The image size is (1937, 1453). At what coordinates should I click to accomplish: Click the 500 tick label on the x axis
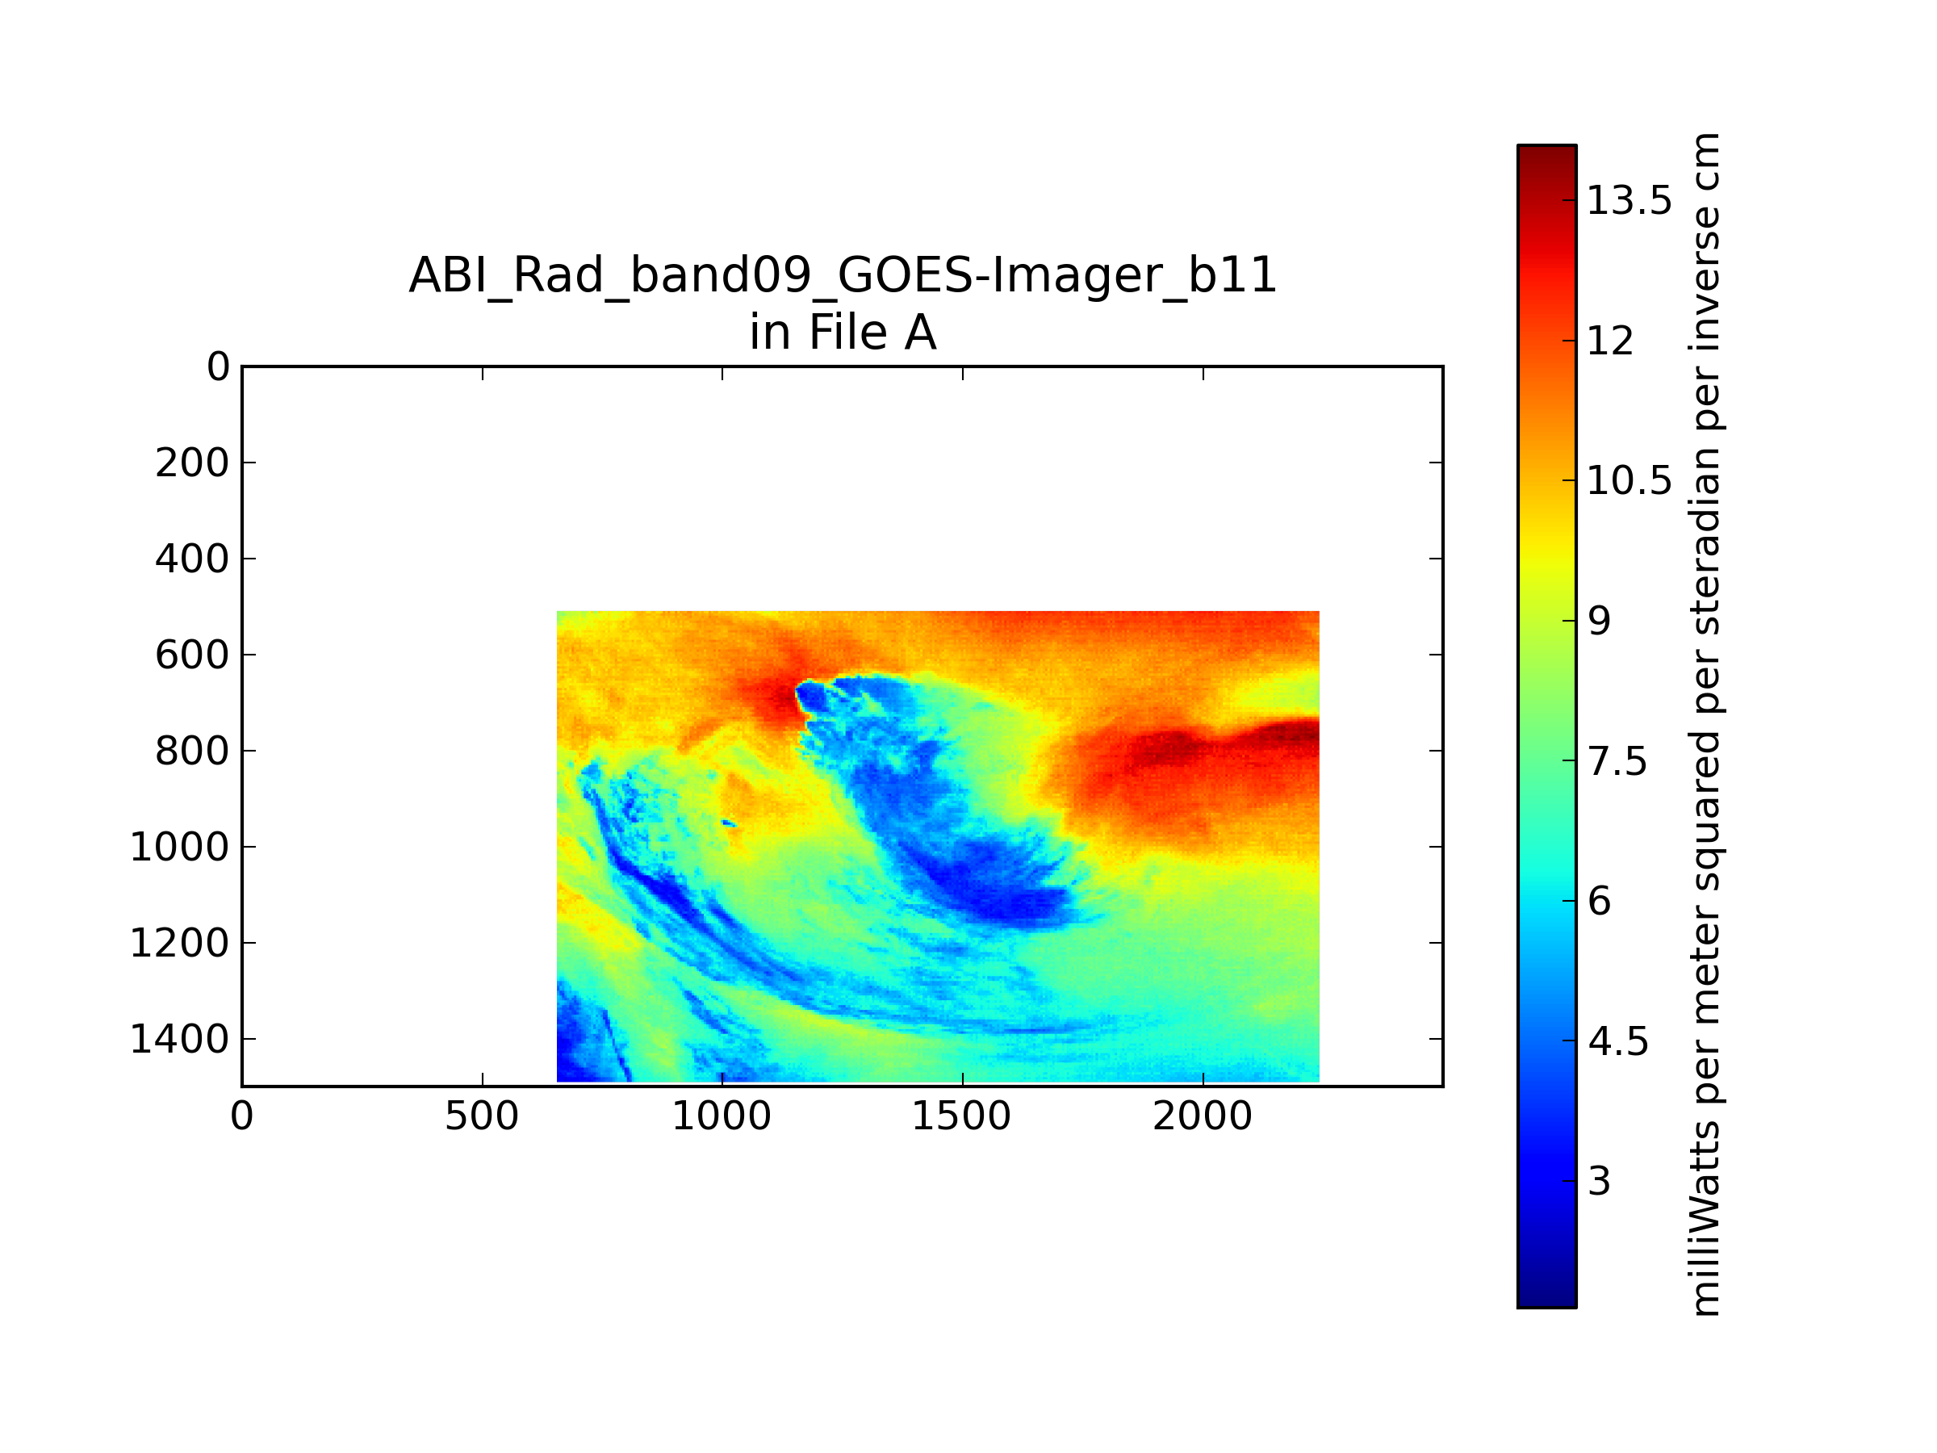482,1116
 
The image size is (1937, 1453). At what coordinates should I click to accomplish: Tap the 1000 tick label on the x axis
722,1116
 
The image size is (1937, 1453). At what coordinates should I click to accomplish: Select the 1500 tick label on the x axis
961,1116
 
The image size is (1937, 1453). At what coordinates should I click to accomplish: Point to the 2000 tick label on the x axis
1203,1116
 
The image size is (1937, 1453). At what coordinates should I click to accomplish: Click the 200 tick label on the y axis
193,463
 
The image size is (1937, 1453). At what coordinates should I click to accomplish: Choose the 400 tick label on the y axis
193,559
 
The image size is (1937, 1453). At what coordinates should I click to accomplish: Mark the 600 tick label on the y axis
193,655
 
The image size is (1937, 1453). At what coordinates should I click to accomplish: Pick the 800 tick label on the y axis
193,752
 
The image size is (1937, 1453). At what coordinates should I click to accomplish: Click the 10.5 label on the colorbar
1630,482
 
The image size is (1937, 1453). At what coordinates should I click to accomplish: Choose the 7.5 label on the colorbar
1617,762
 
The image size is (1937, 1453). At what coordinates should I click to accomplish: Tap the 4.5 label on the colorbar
1617,1042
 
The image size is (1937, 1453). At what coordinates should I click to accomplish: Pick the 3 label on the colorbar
1599,1183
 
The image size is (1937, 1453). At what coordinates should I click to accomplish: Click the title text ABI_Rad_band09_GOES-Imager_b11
843,276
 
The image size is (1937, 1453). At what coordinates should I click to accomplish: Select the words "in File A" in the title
843,333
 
